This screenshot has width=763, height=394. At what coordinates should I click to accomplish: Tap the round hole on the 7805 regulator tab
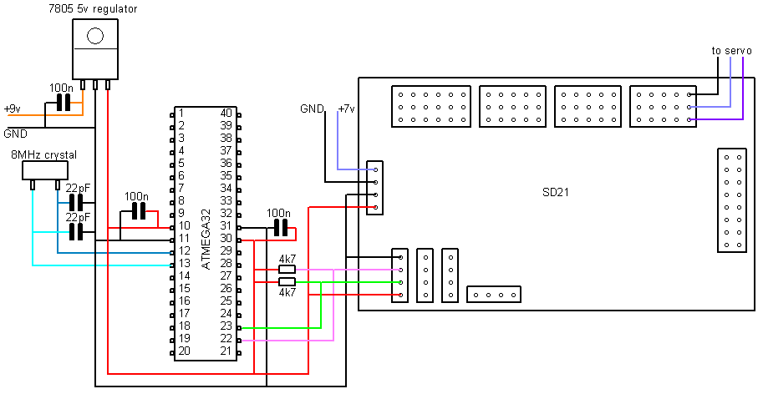point(95,36)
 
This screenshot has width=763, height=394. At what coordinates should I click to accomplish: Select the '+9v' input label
point(13,109)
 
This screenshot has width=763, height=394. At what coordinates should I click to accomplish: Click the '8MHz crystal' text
point(43,155)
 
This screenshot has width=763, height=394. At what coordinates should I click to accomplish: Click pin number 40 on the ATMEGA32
point(226,113)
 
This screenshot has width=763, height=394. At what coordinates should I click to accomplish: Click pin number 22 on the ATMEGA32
point(226,338)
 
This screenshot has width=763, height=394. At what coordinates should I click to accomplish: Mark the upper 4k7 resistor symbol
point(287,270)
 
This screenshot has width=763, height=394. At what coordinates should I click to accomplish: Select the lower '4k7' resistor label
point(287,293)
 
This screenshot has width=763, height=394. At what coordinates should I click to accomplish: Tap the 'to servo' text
point(731,51)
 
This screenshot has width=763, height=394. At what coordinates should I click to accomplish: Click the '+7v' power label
point(345,109)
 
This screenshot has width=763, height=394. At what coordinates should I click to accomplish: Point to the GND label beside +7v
point(312,109)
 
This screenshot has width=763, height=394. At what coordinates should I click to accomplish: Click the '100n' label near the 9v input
point(60,88)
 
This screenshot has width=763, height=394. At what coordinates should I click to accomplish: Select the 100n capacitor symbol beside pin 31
point(280,228)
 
